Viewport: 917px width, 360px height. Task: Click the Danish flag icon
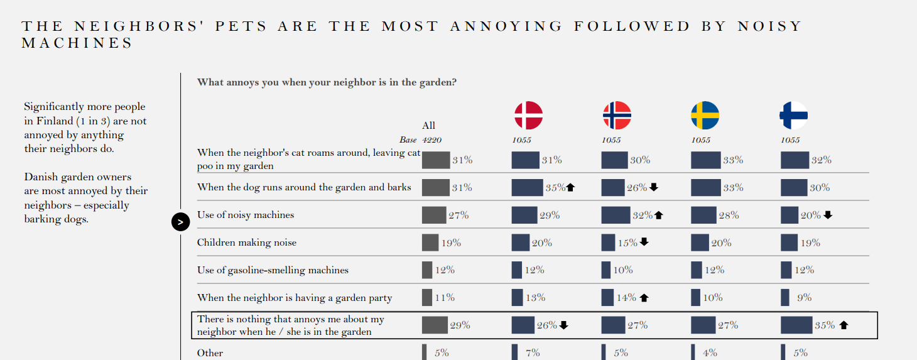click(x=528, y=116)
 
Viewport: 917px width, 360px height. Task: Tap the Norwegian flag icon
click(x=617, y=116)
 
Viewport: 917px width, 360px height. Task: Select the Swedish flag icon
click(x=705, y=116)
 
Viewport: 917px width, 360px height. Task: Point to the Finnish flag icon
click(x=793, y=116)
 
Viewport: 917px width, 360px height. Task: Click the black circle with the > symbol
click(x=180, y=222)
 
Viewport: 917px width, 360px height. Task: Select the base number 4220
click(x=433, y=140)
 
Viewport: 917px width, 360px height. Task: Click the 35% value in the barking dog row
click(x=555, y=187)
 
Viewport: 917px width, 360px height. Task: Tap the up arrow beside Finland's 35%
click(x=844, y=325)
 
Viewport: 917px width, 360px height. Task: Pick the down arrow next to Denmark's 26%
click(x=563, y=325)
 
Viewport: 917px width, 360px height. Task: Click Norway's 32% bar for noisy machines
click(x=616, y=215)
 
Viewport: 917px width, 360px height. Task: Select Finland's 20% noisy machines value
click(x=810, y=215)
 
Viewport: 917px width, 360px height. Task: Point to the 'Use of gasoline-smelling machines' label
click(x=273, y=270)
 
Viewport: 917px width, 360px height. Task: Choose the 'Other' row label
click(x=210, y=353)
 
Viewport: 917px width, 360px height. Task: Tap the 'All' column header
click(x=428, y=125)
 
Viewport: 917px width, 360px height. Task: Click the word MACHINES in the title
click(x=77, y=43)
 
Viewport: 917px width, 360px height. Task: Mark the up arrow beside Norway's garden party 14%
click(x=644, y=298)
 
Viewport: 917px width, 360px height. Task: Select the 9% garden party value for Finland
click(x=804, y=298)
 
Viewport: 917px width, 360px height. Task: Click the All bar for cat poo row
click(x=436, y=160)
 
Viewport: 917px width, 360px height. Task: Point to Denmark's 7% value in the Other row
click(x=533, y=353)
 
